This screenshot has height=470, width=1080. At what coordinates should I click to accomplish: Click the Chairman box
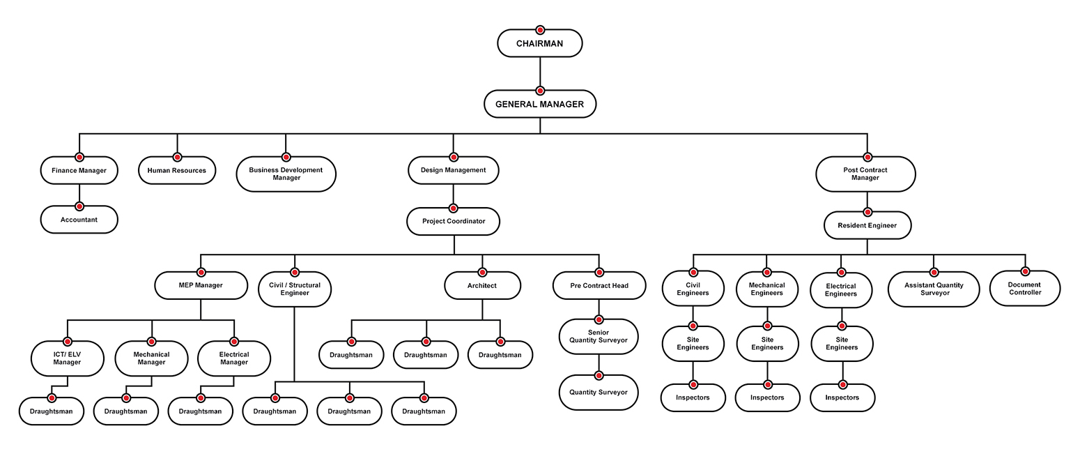[x=539, y=44]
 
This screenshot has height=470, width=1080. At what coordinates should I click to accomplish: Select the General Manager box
[x=539, y=105]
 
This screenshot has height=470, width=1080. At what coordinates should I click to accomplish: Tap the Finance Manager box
[x=79, y=171]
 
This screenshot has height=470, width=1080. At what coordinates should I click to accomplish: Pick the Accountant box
[x=79, y=220]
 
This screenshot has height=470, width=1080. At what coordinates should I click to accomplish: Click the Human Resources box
[x=177, y=171]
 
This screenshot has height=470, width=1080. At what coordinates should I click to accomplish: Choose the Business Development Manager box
[x=286, y=174]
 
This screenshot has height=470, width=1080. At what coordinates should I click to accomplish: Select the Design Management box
[x=453, y=170]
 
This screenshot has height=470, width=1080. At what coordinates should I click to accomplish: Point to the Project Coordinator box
[x=453, y=222]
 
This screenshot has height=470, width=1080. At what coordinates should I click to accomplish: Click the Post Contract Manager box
[x=865, y=174]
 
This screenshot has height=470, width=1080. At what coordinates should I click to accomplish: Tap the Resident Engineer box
[x=867, y=225]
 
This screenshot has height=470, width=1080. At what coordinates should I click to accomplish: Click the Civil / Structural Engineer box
[x=294, y=289]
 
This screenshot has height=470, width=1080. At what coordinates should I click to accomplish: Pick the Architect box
[x=482, y=286]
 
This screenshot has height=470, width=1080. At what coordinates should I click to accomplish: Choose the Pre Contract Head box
[x=599, y=286]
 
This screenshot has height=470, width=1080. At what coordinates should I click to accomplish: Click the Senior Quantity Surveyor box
[x=599, y=337]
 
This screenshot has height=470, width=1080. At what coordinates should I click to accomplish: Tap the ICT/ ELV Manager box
[x=67, y=358]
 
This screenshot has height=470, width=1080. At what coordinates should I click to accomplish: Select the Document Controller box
[x=1024, y=289]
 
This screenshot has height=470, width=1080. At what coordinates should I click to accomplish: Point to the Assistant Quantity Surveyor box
[x=934, y=289]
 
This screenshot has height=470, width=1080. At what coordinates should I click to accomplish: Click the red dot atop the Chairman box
[x=539, y=30]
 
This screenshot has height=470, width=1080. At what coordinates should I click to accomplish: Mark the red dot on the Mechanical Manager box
[x=151, y=342]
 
